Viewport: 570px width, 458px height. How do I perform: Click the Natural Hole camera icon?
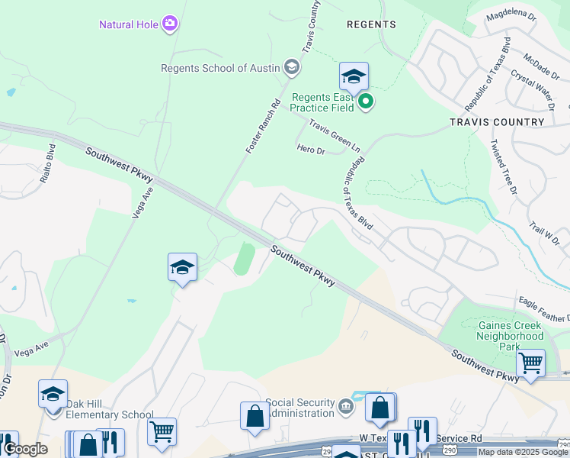click(x=170, y=24)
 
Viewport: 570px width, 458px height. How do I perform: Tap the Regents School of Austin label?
click(x=220, y=68)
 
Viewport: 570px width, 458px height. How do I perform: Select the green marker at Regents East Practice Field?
click(x=366, y=101)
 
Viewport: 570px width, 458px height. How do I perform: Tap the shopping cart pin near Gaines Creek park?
click(x=530, y=363)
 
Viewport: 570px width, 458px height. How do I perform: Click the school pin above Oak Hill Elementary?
click(x=53, y=394)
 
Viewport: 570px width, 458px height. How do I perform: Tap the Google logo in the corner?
click(x=25, y=449)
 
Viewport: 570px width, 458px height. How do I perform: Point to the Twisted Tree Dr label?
click(x=503, y=166)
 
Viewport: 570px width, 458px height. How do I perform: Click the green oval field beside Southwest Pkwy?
click(x=244, y=259)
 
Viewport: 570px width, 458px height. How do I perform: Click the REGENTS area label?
click(x=371, y=24)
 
